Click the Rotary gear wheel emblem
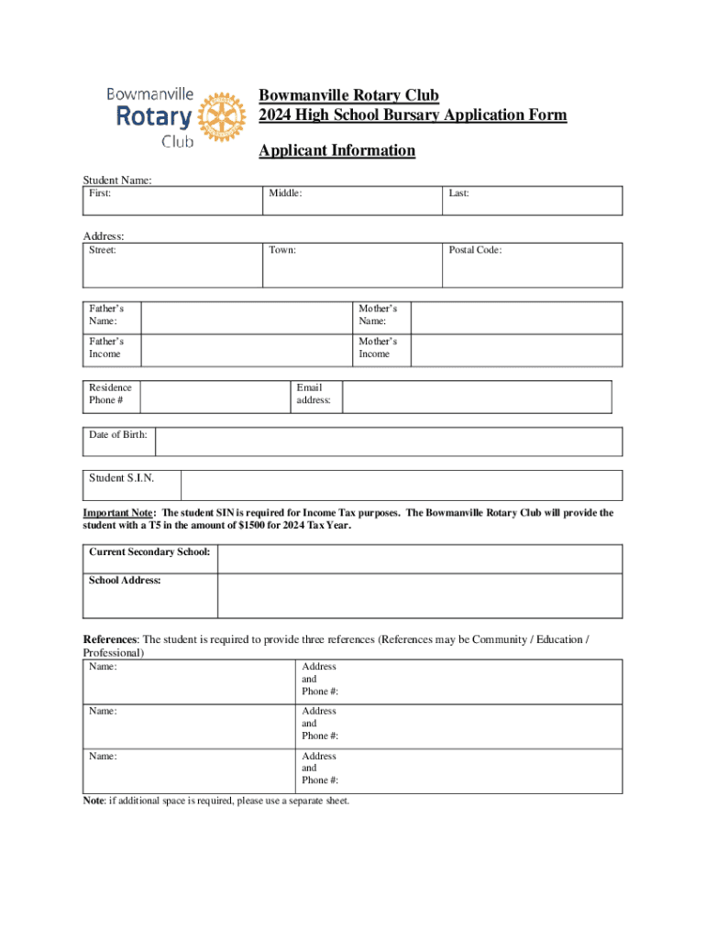[x=219, y=117]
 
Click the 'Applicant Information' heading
[x=336, y=150]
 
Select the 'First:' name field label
[x=100, y=193]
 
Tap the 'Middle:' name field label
[x=285, y=193]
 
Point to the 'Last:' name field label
[x=458, y=193]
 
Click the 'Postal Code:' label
[x=475, y=249]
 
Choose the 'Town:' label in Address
[x=282, y=249]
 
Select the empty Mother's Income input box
[x=515, y=349]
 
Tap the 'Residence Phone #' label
[x=110, y=394]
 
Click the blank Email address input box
[x=477, y=398]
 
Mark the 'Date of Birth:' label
[x=118, y=434]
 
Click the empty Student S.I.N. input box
[x=401, y=485]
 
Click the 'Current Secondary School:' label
[x=149, y=552]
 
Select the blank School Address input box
[x=419, y=596]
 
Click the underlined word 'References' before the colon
[x=110, y=639]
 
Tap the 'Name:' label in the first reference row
[x=103, y=667]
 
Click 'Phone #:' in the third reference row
[x=320, y=780]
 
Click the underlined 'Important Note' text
[x=119, y=513]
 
